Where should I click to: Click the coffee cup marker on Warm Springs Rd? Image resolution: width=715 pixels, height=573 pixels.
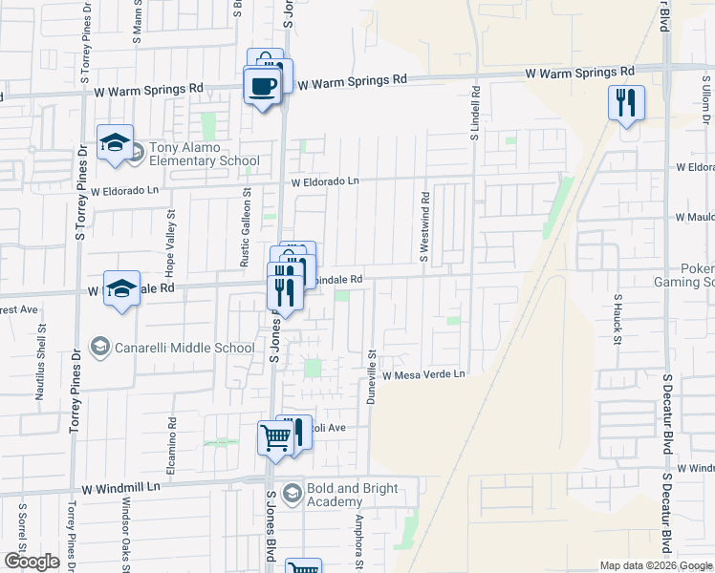click(262, 87)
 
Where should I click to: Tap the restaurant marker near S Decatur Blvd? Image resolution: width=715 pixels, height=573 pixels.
click(626, 103)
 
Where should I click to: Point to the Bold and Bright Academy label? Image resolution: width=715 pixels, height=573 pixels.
click(340, 495)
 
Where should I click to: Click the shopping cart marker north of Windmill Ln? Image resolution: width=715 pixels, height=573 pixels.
click(274, 439)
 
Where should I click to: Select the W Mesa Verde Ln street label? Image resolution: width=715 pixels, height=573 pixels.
click(423, 375)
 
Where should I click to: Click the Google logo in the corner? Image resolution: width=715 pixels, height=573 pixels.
click(32, 562)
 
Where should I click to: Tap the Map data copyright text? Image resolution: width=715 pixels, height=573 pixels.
click(657, 565)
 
